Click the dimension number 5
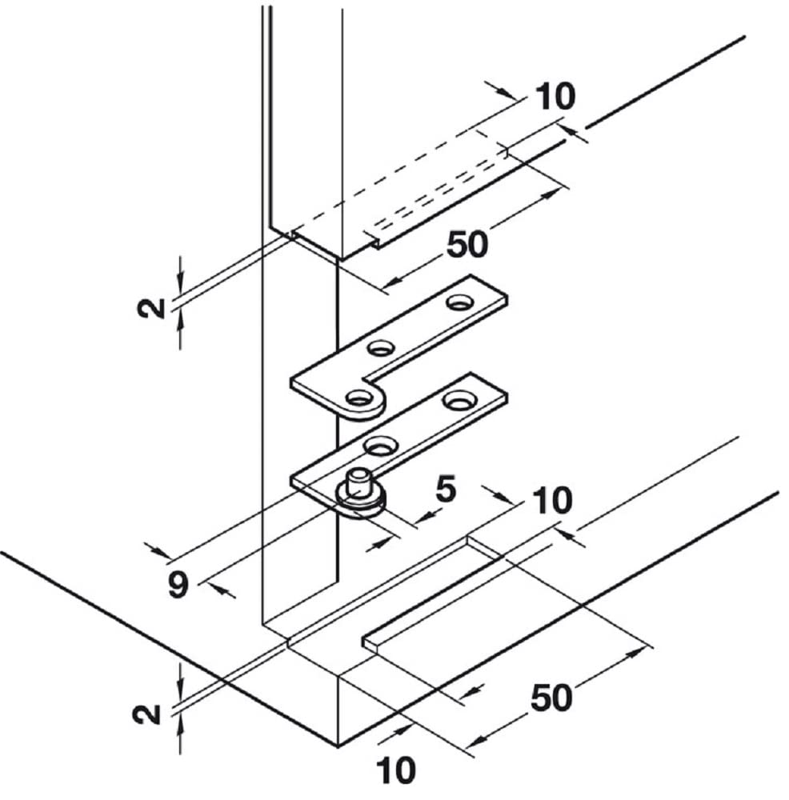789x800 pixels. coord(446,490)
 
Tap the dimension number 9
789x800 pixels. coord(178,585)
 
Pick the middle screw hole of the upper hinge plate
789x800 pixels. coord(382,348)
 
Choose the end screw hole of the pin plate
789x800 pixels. coord(458,400)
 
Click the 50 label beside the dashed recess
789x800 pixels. coord(467,244)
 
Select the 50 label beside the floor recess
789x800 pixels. coord(551,698)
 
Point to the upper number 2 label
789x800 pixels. coord(151,308)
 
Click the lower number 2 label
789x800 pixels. coord(146,714)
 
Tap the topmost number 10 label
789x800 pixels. coord(555,96)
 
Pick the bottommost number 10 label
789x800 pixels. coord(396,770)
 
